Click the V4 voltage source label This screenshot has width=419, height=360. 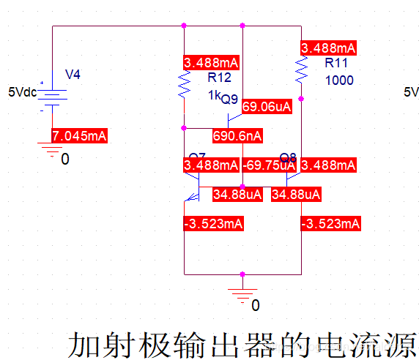(75, 74)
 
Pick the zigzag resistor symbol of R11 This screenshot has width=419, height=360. (300, 71)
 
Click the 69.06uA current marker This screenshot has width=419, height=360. (267, 106)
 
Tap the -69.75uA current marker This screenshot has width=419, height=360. (270, 165)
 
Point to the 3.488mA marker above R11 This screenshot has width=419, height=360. (328, 48)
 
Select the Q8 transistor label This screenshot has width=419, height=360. (288, 157)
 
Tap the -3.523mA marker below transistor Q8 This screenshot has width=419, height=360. (330, 223)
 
